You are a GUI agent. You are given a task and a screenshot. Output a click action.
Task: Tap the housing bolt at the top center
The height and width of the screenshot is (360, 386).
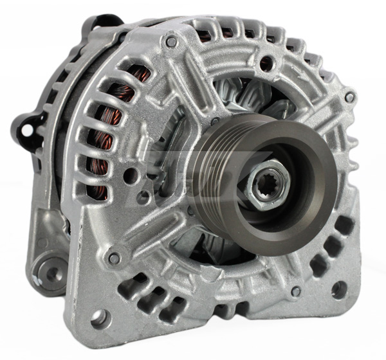[171, 42]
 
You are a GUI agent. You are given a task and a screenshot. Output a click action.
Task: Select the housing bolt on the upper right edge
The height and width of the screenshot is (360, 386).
[349, 98]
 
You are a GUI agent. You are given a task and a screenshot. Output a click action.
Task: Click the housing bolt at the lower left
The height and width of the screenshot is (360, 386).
[114, 258]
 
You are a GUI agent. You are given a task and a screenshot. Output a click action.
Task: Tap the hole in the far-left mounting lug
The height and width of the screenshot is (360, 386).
[27, 130]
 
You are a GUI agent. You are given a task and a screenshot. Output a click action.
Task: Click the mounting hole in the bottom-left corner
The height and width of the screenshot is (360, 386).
[97, 316]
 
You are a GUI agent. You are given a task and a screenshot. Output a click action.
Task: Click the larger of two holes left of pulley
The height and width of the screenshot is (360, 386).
[131, 174]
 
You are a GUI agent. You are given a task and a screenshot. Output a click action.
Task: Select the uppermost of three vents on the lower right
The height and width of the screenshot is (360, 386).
[345, 225]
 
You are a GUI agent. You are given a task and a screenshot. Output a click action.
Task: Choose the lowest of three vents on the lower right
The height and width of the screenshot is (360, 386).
[318, 264]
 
